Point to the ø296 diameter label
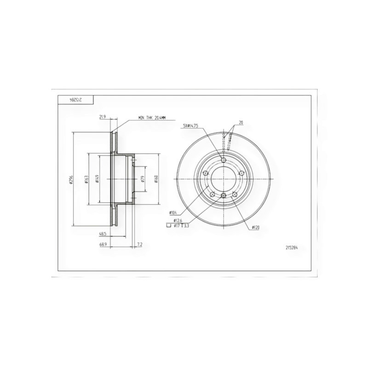[71, 179]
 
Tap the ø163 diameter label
[86, 179]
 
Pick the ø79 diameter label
[143, 179]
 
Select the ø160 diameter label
[156, 179]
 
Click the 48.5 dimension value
[103, 234]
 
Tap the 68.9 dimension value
[103, 245]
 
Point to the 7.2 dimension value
[139, 245]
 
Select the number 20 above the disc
[241, 122]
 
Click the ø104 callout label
[173, 213]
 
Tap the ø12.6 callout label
[178, 221]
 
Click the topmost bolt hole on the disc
[224, 160]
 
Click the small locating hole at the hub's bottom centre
[224, 196]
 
